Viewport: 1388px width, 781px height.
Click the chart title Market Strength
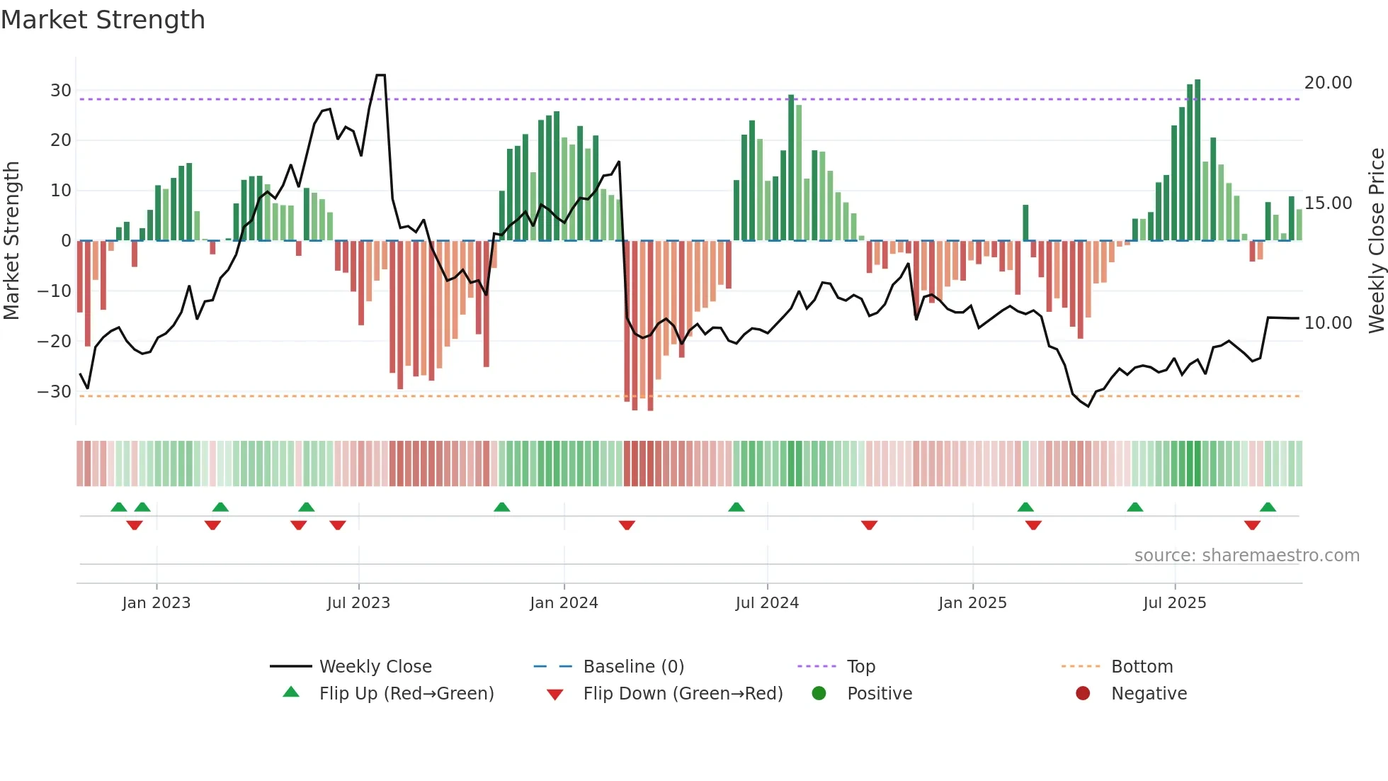pos(103,20)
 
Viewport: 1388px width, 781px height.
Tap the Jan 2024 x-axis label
pos(564,603)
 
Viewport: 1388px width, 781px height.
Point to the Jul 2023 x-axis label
pos(358,603)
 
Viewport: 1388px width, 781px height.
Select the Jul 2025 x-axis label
pos(1174,603)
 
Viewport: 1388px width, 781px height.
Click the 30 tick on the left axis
pos(61,91)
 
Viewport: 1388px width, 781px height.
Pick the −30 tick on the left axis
pos(55,392)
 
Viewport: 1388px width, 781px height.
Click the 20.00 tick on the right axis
pos(1328,83)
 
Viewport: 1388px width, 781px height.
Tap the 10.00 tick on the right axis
pos(1328,323)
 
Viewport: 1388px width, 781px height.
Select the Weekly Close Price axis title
pos(1376,240)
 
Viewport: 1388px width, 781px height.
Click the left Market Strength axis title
pos(11,240)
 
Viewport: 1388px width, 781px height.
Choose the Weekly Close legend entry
pos(375,667)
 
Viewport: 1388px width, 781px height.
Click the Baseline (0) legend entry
pos(633,667)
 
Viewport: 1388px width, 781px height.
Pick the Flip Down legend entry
pos(682,694)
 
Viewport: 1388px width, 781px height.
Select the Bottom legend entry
pos(1142,667)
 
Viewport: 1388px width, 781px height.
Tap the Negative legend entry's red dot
pos(1082,694)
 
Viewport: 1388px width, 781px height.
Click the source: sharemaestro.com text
pos(1246,556)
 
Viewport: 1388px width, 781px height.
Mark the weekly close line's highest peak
pos(380,75)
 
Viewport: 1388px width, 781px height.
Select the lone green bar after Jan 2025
pos(1025,223)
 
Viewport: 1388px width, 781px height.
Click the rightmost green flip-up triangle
pos(1268,507)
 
